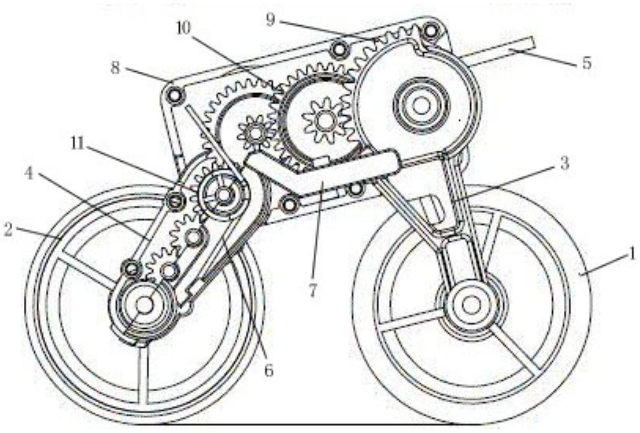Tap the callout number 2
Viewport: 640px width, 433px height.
[x=8, y=231]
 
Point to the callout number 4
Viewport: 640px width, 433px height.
[x=29, y=173]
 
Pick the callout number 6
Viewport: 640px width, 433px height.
[x=269, y=370]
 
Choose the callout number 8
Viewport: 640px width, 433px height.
[x=115, y=68]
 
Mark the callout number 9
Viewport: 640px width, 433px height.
[x=270, y=20]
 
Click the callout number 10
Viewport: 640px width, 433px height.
[x=184, y=28]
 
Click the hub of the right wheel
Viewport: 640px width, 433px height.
[x=469, y=304]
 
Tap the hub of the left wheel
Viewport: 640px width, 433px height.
[x=145, y=304]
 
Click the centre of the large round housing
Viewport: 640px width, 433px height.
[x=421, y=105]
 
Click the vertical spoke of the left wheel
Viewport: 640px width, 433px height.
[x=144, y=373]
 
